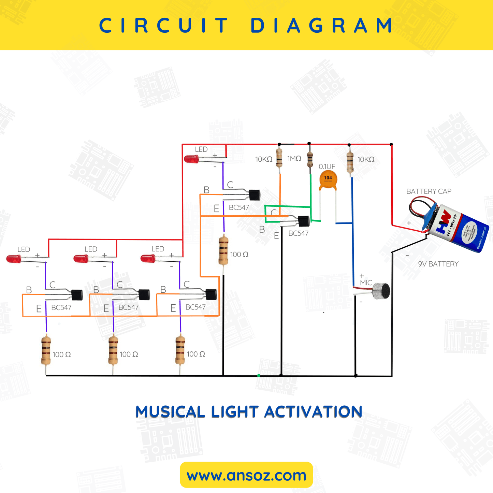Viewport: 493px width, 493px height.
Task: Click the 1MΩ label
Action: (x=294, y=159)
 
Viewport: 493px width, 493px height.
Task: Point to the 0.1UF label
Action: (x=327, y=166)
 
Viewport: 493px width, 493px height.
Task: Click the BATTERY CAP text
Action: (x=429, y=191)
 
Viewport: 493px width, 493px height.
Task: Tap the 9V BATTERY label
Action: (x=438, y=264)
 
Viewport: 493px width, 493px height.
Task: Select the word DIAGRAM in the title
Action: (x=322, y=26)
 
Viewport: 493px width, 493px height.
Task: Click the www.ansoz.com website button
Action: (x=246, y=475)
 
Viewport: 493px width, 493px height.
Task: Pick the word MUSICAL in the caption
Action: (x=170, y=412)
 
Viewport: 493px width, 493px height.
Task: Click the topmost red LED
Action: (x=191, y=159)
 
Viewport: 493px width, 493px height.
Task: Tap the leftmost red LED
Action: (x=14, y=259)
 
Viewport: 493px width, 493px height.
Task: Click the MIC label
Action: (x=366, y=283)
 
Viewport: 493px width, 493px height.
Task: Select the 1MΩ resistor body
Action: (x=310, y=159)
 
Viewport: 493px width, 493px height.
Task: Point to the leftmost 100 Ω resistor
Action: (x=46, y=350)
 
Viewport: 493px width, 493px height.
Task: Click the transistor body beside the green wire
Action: (x=304, y=221)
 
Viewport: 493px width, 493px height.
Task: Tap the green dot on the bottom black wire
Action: (x=259, y=376)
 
